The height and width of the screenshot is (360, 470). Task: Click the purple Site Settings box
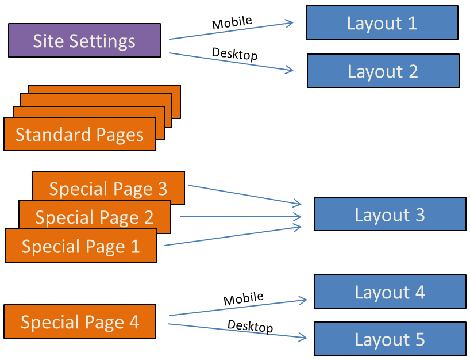[84, 41]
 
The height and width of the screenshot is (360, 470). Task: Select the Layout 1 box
[382, 23]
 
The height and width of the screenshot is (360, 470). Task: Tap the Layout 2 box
[383, 71]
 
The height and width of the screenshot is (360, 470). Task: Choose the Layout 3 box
[390, 215]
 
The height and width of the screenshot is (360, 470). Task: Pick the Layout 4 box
[390, 292]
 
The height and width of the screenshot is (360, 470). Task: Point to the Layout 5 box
[390, 339]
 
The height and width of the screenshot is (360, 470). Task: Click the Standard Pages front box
[79, 135]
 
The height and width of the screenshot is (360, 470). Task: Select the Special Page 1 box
[80, 246]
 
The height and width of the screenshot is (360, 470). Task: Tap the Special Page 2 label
[94, 217]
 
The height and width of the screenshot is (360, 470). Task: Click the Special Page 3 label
[108, 189]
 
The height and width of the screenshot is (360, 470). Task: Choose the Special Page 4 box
[79, 321]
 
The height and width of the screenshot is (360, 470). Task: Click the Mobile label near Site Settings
[232, 23]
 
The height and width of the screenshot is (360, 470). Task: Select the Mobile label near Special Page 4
[243, 299]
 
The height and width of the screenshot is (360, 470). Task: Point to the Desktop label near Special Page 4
[250, 326]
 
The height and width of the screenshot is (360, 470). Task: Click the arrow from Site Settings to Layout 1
[230, 31]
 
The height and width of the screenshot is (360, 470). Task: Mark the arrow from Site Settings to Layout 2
[230, 62]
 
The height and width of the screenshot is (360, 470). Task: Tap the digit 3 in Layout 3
[419, 215]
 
